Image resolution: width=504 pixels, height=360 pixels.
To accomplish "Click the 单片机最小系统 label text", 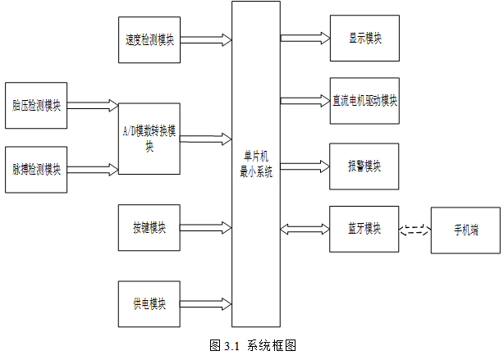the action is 256,165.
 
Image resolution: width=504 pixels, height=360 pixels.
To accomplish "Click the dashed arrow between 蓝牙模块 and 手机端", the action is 415,230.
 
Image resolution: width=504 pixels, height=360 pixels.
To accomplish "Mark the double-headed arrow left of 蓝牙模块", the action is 305,229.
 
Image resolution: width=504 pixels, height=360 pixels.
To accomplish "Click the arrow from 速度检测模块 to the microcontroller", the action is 206,40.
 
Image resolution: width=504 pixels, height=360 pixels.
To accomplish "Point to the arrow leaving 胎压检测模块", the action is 93,105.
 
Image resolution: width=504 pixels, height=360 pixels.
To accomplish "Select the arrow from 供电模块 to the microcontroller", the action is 206,304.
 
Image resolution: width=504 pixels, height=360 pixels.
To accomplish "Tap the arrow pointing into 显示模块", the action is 305,38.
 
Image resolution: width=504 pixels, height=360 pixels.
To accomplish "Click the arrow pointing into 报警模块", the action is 305,166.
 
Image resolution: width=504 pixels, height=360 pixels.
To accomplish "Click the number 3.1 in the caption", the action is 231,346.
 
